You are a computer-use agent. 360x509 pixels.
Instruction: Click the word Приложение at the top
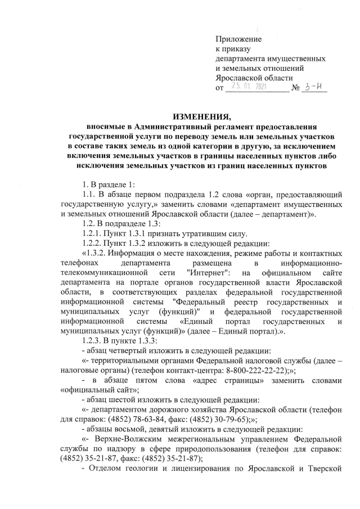click(238, 38)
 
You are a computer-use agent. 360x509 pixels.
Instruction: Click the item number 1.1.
click(89, 194)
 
